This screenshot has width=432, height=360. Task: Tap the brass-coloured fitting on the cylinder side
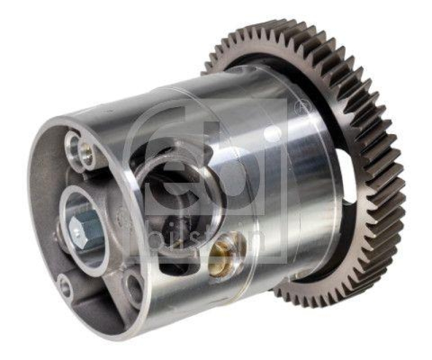pyautogui.click(x=221, y=253)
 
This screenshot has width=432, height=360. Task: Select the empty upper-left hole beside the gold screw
pyautogui.click(x=72, y=144)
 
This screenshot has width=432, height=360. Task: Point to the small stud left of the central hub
pyautogui.click(x=58, y=236)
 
